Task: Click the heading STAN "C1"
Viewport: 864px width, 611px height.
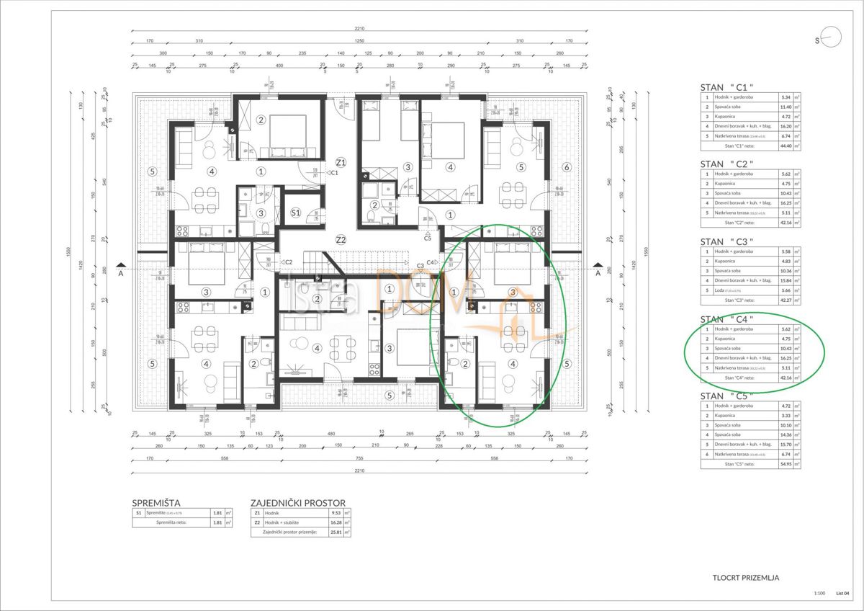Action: (726, 87)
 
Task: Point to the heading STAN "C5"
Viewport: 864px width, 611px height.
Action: (726, 396)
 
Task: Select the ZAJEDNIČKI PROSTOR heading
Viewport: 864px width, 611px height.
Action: (297, 503)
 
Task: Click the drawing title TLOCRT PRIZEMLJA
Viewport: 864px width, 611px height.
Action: (745, 577)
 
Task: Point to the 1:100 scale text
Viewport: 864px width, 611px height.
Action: (819, 593)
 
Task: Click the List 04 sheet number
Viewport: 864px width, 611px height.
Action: (843, 593)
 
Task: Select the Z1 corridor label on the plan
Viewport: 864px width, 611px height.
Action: (341, 161)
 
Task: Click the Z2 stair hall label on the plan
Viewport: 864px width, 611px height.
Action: (341, 239)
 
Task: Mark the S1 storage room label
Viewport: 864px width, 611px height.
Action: (295, 213)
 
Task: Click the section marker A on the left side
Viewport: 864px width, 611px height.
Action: (121, 274)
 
